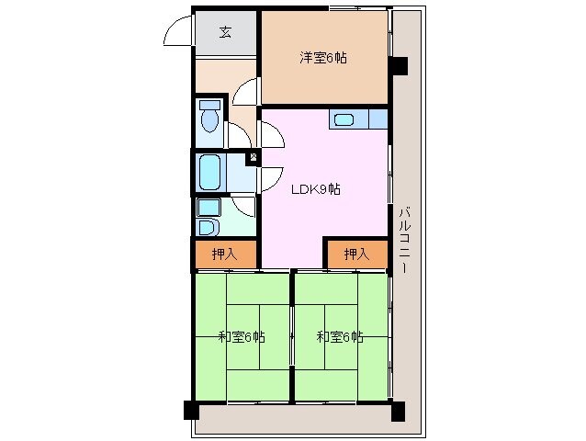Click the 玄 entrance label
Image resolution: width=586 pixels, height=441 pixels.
click(225, 32)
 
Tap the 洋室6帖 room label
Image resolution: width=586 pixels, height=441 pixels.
click(323, 58)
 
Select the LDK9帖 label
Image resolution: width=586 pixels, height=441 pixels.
click(316, 189)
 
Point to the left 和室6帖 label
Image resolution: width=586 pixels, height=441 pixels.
click(242, 337)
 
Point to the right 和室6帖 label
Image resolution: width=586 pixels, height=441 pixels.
click(340, 337)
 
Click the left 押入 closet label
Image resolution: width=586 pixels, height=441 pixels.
click(224, 254)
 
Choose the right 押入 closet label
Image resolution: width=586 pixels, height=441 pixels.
click(356, 254)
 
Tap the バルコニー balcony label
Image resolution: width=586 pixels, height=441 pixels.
click(405, 241)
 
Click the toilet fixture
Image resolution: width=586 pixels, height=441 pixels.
click(209, 116)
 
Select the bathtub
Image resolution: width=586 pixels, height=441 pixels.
click(209, 173)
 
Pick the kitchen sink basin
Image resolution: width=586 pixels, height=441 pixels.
click(344, 119)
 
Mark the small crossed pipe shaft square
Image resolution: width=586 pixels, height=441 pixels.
click(254, 156)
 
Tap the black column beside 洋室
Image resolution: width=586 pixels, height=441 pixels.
click(398, 66)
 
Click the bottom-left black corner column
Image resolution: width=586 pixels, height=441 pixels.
click(191, 410)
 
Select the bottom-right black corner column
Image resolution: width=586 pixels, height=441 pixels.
click(398, 411)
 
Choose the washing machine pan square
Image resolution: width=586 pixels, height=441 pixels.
click(208, 208)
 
